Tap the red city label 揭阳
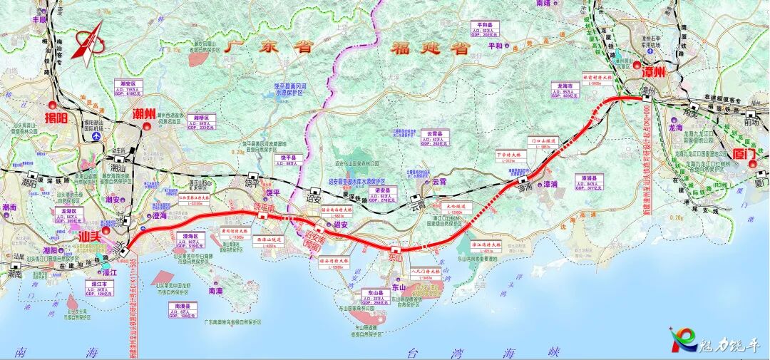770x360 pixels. tap(56, 118)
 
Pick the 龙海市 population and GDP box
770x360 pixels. tap(561, 91)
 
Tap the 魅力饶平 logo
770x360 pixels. tap(712, 341)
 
